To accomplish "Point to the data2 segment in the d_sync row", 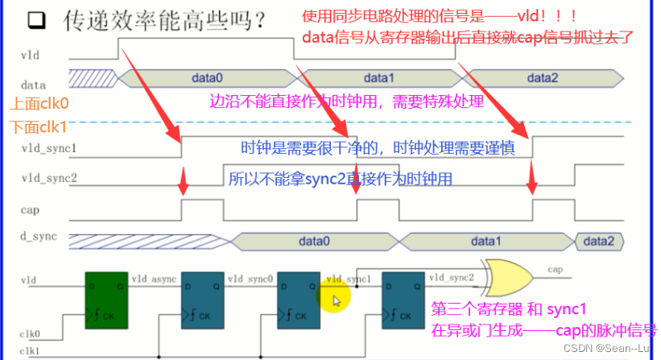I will point(598,240).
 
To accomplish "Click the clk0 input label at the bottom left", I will point(31,332).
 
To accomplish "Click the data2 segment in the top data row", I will point(541,78).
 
